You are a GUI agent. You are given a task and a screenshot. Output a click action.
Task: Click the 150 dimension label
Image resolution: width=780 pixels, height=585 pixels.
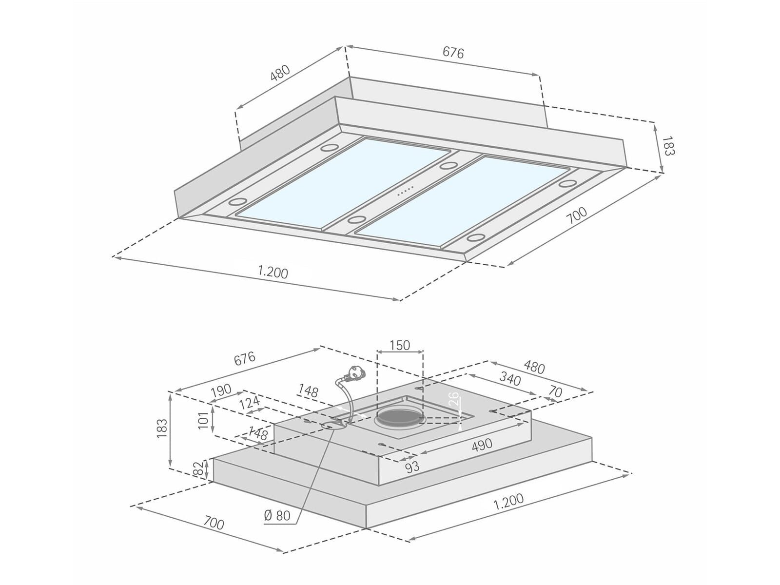[399, 345]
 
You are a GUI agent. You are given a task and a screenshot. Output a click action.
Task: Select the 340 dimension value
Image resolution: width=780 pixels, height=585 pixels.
[510, 379]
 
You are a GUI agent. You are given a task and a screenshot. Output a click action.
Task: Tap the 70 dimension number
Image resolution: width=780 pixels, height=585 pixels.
[555, 392]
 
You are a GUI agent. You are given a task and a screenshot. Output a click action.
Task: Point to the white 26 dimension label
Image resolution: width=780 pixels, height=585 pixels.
[454, 399]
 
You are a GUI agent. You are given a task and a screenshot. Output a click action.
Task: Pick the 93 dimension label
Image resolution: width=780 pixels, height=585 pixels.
[412, 467]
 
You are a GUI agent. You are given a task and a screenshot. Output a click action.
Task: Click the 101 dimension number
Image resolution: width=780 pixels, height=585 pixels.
[203, 421]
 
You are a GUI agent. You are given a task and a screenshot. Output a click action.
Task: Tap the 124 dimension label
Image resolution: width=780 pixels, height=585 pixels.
[249, 404]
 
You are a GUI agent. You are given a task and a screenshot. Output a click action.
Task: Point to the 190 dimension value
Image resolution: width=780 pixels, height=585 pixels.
[221, 391]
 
